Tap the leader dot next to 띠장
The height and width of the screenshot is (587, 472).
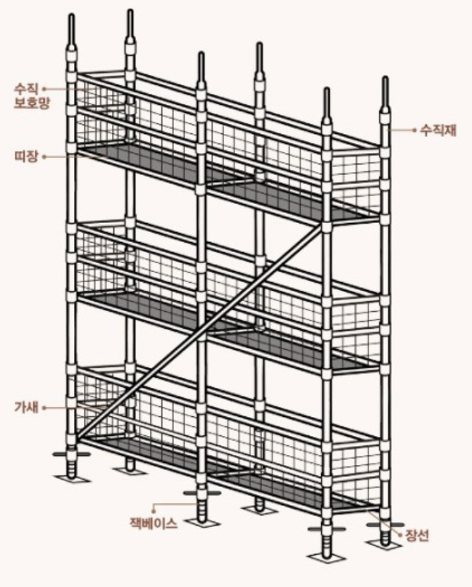pyautogui.click(x=44, y=156)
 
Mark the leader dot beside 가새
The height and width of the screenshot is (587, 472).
pyautogui.click(x=44, y=407)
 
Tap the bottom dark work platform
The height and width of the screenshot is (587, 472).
pyautogui.click(x=232, y=471)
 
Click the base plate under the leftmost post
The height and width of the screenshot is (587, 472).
pyautogui.click(x=73, y=479)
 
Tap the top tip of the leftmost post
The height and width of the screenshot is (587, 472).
pyautogui.click(x=73, y=18)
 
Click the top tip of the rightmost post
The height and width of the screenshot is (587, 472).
pyautogui.click(x=385, y=80)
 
